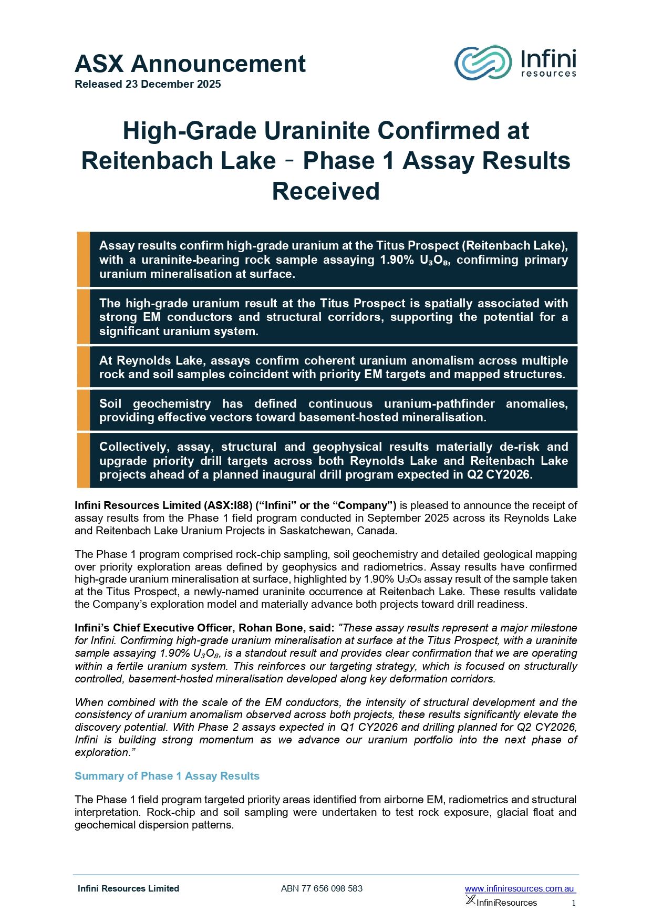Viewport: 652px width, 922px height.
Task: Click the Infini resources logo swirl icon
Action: [x=482, y=63]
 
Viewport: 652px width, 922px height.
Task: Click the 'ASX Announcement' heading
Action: [x=190, y=64]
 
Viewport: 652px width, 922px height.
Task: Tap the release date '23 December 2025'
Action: [x=173, y=84]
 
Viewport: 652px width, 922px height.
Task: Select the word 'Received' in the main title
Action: [x=326, y=191]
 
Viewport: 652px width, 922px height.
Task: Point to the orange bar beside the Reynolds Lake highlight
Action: [x=83, y=367]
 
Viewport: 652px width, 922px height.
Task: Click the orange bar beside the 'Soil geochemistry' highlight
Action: [x=83, y=410]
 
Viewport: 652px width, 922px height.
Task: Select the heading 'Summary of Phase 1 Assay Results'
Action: [x=167, y=776]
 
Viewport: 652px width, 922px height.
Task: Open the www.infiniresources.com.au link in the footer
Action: [x=520, y=889]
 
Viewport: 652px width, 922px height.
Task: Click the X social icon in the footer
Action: [x=470, y=900]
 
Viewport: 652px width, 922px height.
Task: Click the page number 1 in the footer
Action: [x=574, y=903]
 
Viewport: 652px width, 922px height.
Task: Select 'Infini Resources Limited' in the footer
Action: [x=128, y=889]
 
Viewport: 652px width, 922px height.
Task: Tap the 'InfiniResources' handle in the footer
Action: [x=506, y=903]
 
